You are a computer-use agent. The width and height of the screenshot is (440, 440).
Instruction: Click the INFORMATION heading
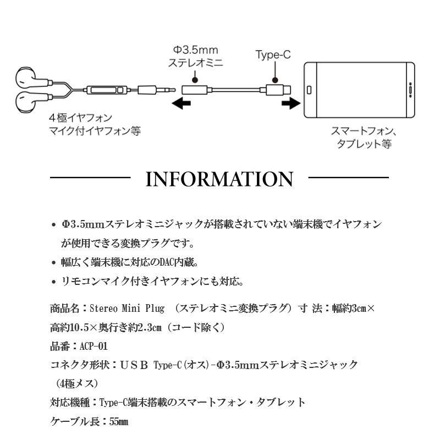219,179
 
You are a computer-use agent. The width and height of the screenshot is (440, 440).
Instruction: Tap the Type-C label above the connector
273,54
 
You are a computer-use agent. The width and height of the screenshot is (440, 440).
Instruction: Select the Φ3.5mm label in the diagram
195,50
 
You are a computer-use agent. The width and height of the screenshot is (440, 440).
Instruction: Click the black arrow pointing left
182,103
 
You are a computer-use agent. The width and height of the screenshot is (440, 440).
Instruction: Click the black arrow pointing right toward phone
291,103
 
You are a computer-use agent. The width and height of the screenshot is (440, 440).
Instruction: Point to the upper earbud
26,77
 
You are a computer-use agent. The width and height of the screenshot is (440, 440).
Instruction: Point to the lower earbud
26,101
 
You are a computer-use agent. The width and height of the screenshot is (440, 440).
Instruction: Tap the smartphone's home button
309,90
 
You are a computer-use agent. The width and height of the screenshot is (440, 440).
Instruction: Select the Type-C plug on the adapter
278,90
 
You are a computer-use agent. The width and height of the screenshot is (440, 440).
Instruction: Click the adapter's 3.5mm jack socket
195,90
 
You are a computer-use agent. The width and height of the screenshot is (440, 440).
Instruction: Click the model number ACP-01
94,346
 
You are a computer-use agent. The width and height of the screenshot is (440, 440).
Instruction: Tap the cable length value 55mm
119,421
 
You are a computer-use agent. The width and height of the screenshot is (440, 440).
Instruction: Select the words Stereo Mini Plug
127,309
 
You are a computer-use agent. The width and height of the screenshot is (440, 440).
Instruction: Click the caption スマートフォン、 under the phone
364,131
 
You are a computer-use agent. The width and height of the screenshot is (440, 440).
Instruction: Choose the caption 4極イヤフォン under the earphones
80,118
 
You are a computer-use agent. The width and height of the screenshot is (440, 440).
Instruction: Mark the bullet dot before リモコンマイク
53,282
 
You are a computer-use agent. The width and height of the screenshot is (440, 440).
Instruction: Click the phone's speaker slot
410,90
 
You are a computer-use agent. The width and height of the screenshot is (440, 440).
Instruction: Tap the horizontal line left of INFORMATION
90,177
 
